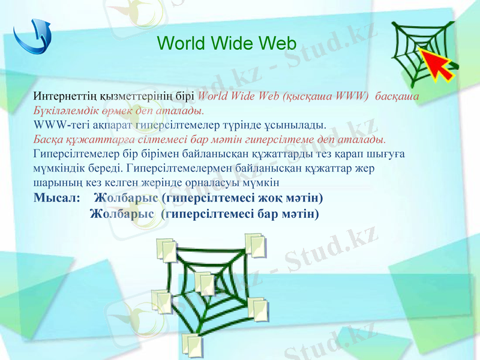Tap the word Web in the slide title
[x=278, y=43]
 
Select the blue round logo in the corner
[x=33, y=37]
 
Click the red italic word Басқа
[x=49, y=140]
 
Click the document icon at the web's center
[x=205, y=282]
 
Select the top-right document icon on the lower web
[x=254, y=245]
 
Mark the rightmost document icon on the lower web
[x=258, y=309]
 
